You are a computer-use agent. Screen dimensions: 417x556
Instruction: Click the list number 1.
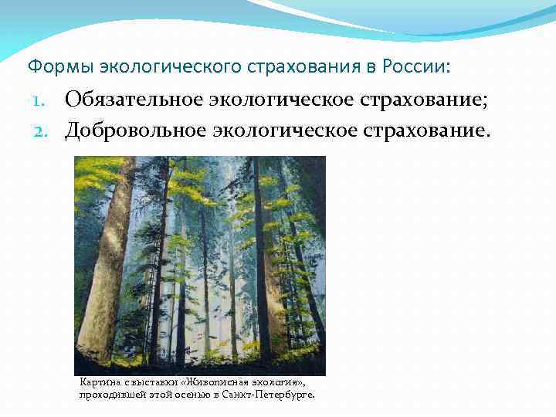point(41,102)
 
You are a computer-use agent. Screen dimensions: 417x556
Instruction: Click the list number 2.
point(41,131)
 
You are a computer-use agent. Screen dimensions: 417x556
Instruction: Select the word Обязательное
point(137,100)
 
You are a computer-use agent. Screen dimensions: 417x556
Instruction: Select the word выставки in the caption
point(154,381)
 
